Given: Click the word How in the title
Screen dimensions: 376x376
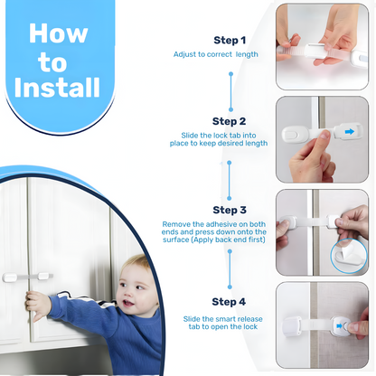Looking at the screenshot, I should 59,34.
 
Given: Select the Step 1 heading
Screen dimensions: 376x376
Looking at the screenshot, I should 229,41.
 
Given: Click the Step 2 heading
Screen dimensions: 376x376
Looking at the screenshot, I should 229,121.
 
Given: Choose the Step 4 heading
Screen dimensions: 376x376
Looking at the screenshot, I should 229,301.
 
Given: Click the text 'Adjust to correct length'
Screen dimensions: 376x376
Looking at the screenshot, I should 216,55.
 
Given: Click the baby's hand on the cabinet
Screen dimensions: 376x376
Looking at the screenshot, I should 38,305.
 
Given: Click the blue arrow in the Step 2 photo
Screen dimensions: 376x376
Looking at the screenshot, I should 349,133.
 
